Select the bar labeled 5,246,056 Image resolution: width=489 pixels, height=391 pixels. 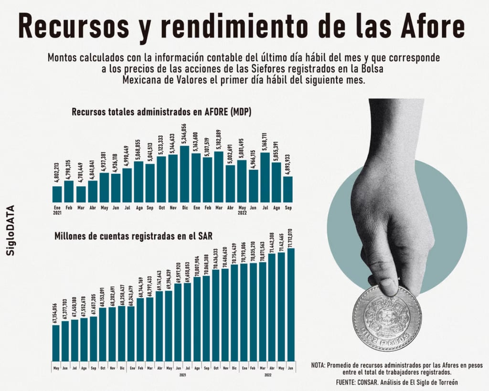pos(184,174)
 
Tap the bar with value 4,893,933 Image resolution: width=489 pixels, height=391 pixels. pos(288,189)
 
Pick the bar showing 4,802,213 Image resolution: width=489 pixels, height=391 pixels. pos(57,194)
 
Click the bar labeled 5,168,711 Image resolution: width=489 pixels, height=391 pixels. pos(265,177)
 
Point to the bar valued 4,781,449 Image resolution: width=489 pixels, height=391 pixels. pos(80,194)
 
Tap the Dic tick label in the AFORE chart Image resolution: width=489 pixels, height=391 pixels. pos(184,208)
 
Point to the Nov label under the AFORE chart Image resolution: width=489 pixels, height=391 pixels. pos(173,208)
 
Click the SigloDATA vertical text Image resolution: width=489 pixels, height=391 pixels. pos(11,231)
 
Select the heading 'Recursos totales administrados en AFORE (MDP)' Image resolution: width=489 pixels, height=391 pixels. pos(161,113)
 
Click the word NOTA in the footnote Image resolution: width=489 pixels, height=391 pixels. pos(319,365)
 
